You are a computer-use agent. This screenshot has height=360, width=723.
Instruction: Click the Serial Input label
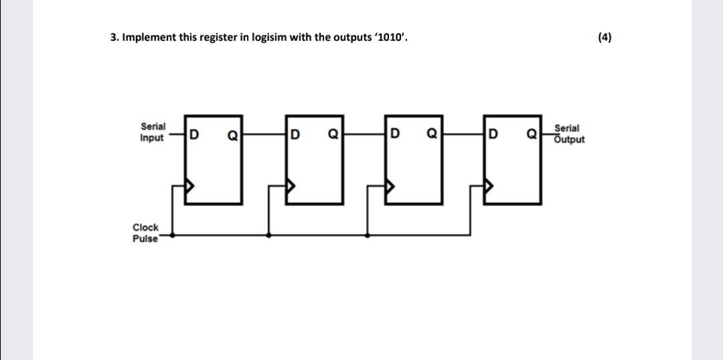coord(153,132)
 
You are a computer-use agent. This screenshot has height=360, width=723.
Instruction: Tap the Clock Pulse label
coord(145,233)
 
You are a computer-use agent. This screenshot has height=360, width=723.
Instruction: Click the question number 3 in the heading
coord(113,37)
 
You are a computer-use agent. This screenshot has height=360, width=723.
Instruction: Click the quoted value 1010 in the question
coord(390,37)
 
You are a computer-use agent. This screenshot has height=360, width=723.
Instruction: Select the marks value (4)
coord(604,37)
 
